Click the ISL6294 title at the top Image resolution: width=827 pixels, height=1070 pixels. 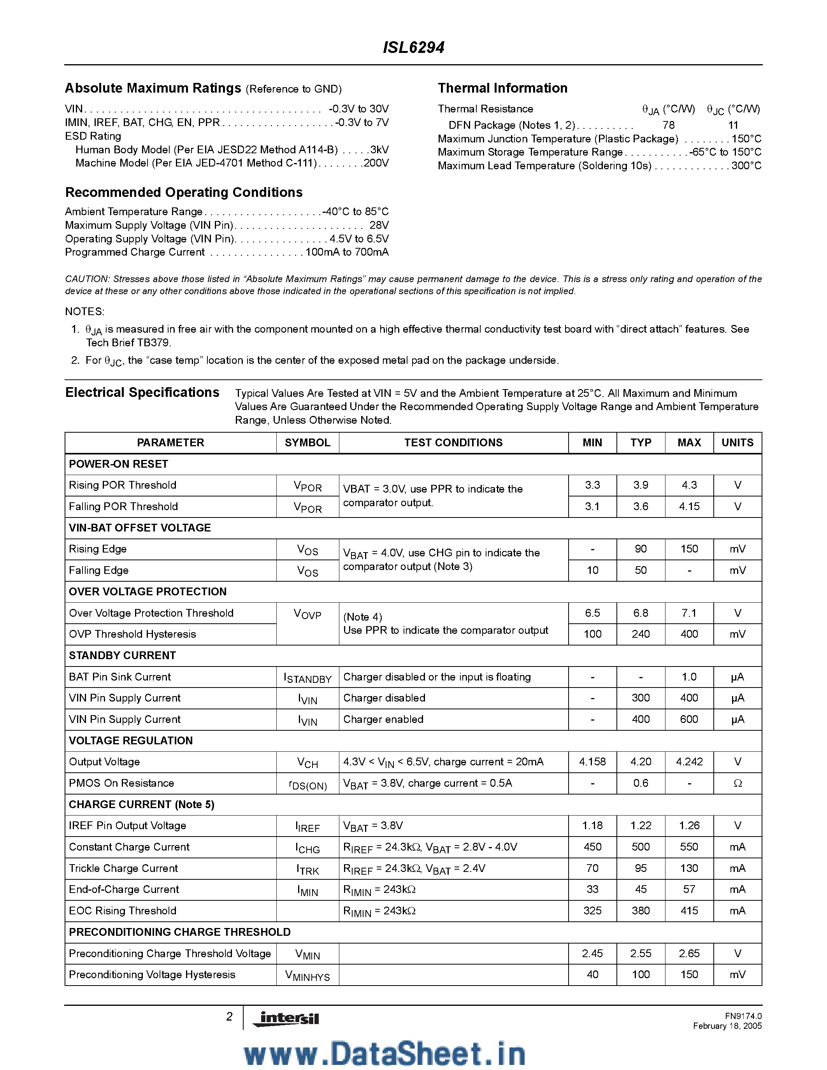(x=413, y=47)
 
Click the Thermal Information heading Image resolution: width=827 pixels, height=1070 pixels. (x=502, y=88)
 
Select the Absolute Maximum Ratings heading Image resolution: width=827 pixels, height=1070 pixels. (x=153, y=88)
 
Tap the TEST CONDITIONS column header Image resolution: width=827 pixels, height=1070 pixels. (x=453, y=442)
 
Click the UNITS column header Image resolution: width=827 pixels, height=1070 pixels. (x=737, y=442)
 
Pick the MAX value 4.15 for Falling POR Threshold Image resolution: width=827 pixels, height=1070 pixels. (x=689, y=507)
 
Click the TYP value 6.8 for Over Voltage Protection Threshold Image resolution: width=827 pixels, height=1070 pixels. (x=640, y=613)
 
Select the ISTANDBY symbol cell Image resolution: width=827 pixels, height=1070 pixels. (x=308, y=677)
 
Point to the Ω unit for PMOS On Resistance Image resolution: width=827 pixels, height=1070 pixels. (x=737, y=783)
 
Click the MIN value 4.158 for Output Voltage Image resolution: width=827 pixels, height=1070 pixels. (x=592, y=762)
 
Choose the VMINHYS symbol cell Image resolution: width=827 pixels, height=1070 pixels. (x=308, y=975)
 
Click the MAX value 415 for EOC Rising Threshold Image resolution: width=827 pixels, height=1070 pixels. (x=689, y=911)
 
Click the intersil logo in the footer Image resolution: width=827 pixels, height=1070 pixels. (x=286, y=1019)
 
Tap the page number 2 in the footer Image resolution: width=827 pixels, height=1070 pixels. (x=229, y=1017)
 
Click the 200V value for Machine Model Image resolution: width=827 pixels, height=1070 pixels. (x=376, y=163)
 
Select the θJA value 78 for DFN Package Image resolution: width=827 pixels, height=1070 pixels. (x=668, y=125)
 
